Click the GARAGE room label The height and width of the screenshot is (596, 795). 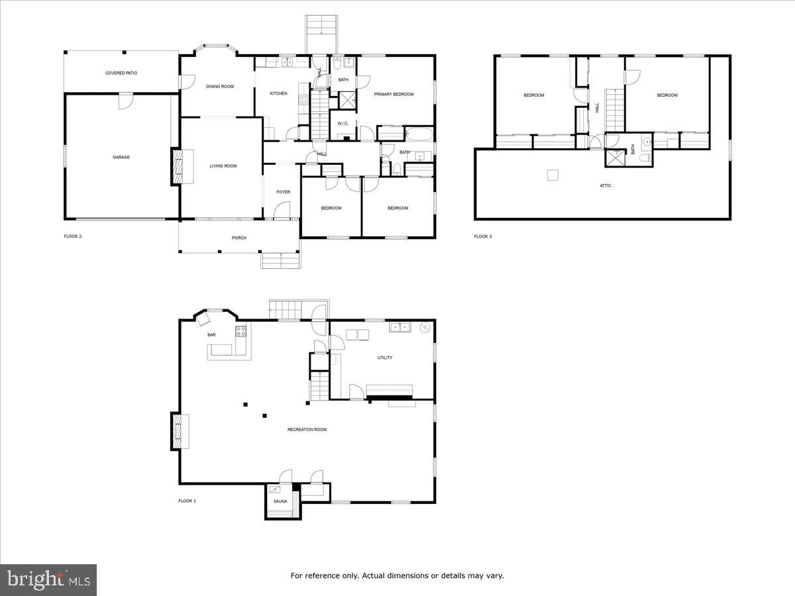click(121, 158)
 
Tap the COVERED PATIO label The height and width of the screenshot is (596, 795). click(121, 73)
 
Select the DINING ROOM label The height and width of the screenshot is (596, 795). click(219, 87)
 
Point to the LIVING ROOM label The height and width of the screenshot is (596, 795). click(223, 166)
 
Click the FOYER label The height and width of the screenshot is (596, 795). click(283, 192)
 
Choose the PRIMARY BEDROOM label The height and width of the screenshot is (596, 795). click(394, 95)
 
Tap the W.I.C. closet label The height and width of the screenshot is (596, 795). click(343, 123)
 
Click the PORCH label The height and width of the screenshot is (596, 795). click(238, 238)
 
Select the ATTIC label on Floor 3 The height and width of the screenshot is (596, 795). click(606, 185)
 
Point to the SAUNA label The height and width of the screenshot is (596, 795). click(280, 501)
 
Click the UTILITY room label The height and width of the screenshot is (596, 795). click(385, 358)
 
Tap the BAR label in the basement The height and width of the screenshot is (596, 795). click(211, 335)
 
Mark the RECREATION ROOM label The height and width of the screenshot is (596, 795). click(307, 430)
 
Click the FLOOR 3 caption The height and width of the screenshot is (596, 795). click(483, 236)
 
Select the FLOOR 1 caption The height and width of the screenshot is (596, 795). click(187, 501)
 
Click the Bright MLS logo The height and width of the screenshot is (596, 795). click(48, 580)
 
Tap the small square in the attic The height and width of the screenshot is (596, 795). click(553, 175)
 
